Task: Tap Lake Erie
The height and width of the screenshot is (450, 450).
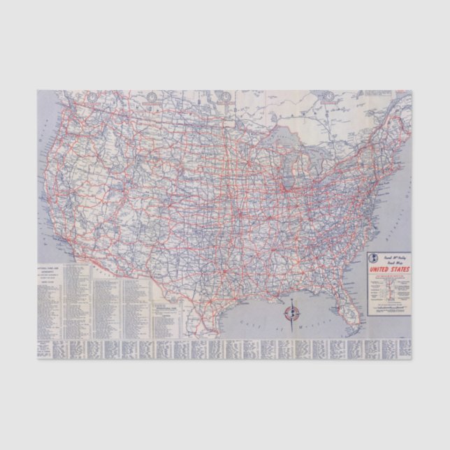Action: (x=328, y=171)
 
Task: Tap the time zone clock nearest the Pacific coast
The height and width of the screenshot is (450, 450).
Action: (x=151, y=96)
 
